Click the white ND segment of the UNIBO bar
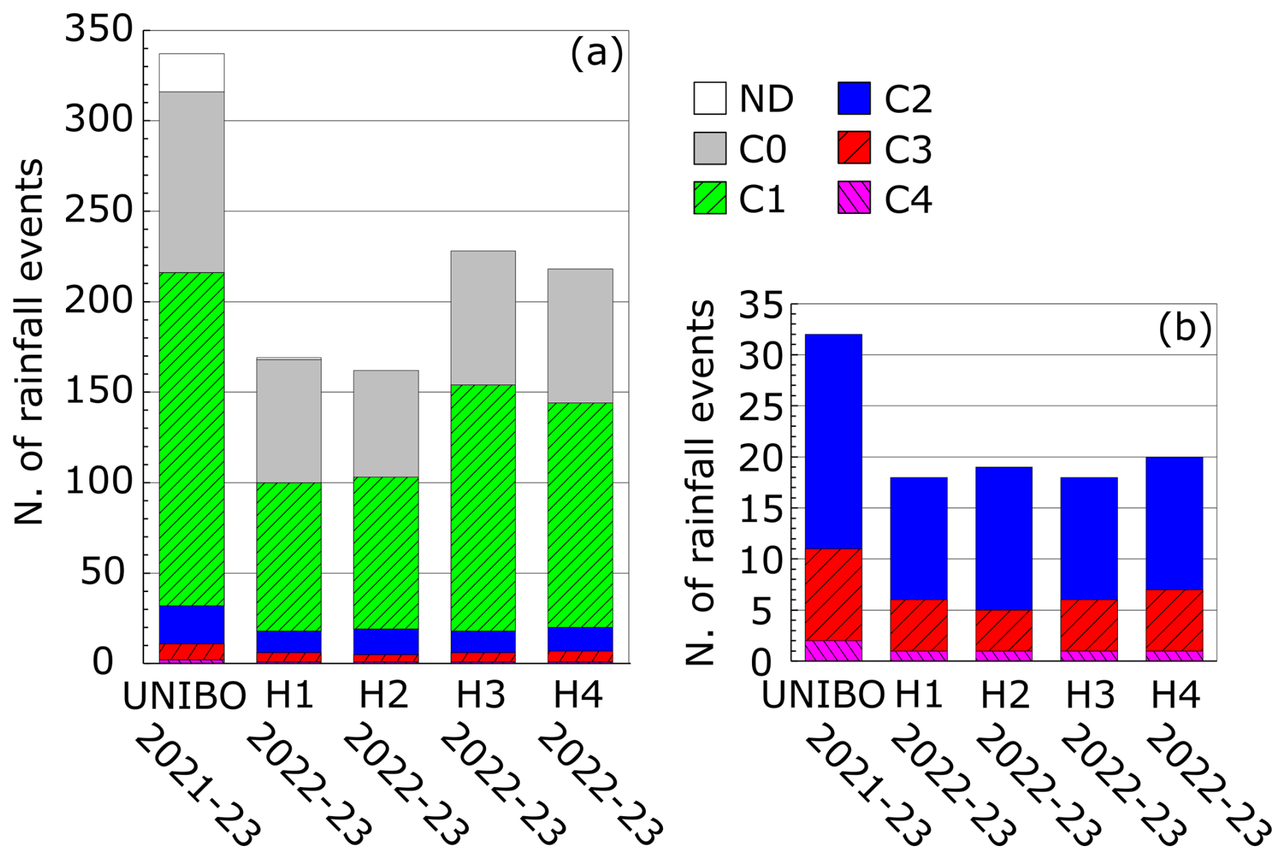pyautogui.click(x=192, y=73)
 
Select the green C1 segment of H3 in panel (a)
pyautogui.click(x=483, y=508)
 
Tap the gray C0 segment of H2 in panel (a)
pyautogui.click(x=386, y=423)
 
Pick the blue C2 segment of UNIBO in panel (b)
pyautogui.click(x=833, y=442)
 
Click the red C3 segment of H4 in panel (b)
pyautogui.click(x=1174, y=620)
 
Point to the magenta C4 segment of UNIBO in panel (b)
pyautogui.click(x=833, y=650)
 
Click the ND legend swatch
pyautogui.click(x=710, y=99)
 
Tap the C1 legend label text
pyautogui.click(x=762, y=200)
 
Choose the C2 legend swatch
pyautogui.click(x=854, y=99)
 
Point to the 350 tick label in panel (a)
pyautogui.click(x=99, y=30)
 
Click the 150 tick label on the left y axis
pyautogui.click(x=99, y=391)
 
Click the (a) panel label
pyautogui.click(x=596, y=53)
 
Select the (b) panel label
pyautogui.click(x=1184, y=329)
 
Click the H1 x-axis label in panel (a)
pyautogui.click(x=289, y=695)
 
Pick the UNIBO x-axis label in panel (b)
pyautogui.click(x=822, y=695)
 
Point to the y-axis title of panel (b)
pyautogui.click(x=701, y=483)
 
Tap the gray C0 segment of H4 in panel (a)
pyautogui.click(x=580, y=336)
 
